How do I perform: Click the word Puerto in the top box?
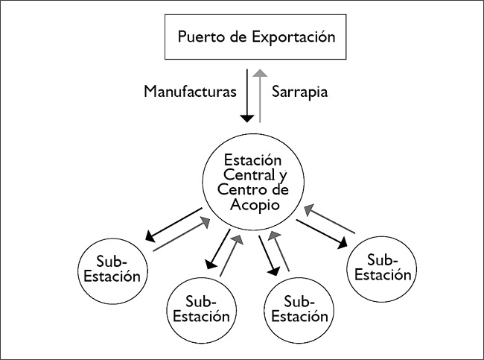(199, 37)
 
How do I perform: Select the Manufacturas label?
(189, 92)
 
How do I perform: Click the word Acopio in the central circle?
(249, 204)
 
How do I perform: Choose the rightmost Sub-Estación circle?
(381, 267)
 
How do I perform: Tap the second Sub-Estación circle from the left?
(200, 308)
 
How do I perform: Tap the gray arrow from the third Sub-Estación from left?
(280, 250)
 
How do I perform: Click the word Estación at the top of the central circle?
(250, 160)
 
